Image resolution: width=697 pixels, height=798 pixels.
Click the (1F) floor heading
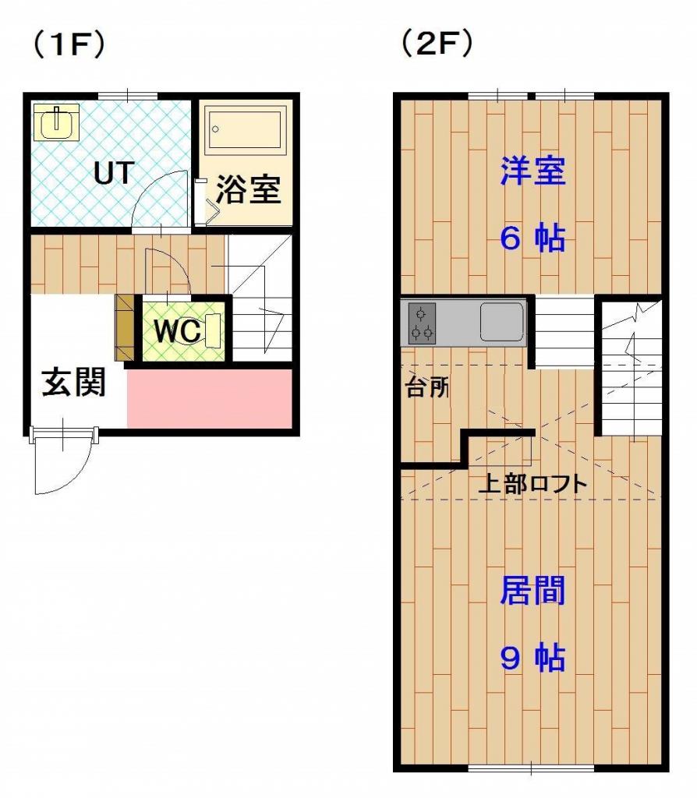point(69,44)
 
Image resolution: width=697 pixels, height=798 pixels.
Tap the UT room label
point(114,173)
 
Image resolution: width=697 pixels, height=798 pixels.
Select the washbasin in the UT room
point(56,122)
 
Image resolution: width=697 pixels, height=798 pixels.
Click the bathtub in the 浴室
point(245,129)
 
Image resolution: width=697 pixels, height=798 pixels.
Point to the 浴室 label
point(248,190)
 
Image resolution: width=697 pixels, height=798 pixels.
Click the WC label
point(177,331)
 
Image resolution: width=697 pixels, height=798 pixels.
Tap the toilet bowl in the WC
point(211,330)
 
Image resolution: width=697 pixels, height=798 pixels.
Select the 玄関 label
point(73,382)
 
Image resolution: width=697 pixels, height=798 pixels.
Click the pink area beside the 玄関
point(209,398)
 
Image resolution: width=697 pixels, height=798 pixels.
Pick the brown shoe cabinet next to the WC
point(124,327)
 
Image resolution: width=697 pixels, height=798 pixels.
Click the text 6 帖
point(532,238)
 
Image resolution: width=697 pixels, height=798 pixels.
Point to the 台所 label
point(426,388)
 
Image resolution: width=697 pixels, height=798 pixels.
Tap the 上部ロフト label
point(532,483)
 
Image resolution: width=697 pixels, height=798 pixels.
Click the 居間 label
point(532,591)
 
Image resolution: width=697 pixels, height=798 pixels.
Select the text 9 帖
point(532,658)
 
